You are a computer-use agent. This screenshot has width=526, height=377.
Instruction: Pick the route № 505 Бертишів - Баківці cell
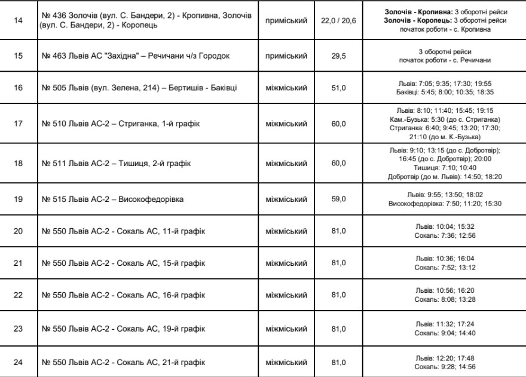click(x=141, y=88)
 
